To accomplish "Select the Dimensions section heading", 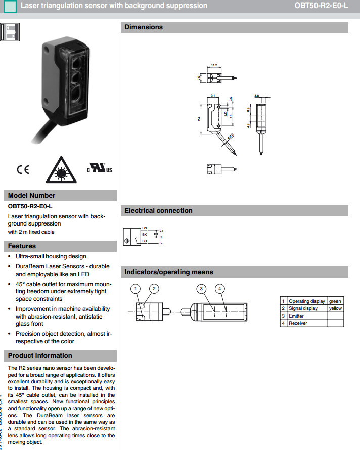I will coord(144,27).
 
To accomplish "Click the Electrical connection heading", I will coord(158,211).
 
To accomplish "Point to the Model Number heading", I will coord(31,196).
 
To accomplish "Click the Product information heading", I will coord(40,356).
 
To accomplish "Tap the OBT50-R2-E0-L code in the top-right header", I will coord(321,6).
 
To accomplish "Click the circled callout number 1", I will coord(135,289).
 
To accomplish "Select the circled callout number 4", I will coord(219,289).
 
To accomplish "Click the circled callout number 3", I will coord(201,289).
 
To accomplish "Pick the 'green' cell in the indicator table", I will coord(335,301).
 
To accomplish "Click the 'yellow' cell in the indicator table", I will coord(335,308).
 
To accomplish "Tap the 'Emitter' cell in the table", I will coord(296,316).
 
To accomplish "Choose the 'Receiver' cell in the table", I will coord(298,323).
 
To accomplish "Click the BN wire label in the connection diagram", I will coord(145,229).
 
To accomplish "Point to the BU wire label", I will coord(145,241).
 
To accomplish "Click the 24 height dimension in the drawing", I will coord(199,118).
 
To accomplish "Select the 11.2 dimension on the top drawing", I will coord(213,65).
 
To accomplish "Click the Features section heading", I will coord(22,246).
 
